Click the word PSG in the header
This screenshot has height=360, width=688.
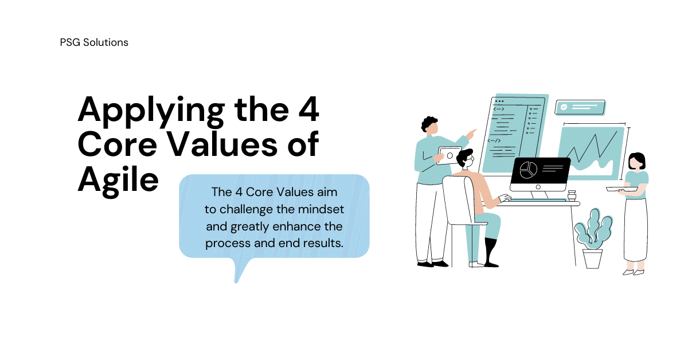pyautogui.click(x=70, y=42)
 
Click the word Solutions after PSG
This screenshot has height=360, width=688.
pyautogui.click(x=105, y=42)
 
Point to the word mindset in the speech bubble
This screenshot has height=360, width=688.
pyautogui.click(x=321, y=209)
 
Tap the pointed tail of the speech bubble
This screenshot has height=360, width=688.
pyautogui.click(x=236, y=281)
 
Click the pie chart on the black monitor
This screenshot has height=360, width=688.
pyautogui.click(x=528, y=170)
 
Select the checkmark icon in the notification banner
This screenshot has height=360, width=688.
pyautogui.click(x=564, y=107)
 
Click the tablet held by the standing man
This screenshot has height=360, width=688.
pyautogui.click(x=449, y=155)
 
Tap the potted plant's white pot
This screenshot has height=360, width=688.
pyautogui.click(x=592, y=259)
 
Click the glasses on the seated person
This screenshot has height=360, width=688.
pyautogui.click(x=471, y=159)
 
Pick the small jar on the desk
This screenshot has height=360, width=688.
pyautogui.click(x=572, y=195)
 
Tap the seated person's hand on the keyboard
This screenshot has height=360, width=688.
pyautogui.click(x=505, y=198)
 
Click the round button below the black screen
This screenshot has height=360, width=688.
pyautogui.click(x=538, y=187)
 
